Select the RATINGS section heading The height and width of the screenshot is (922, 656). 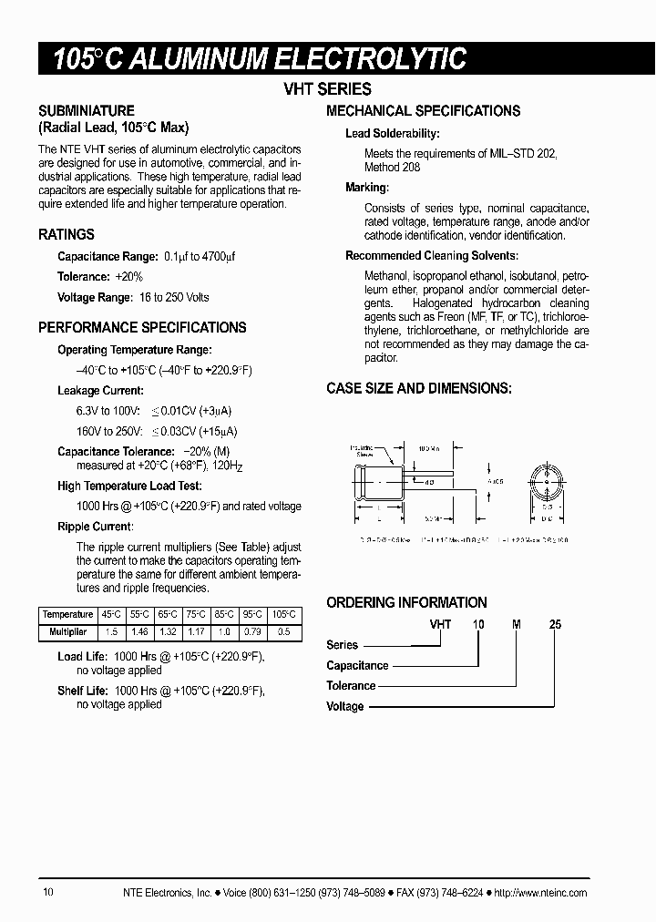click(x=67, y=234)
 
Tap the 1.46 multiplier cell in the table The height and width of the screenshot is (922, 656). click(x=138, y=630)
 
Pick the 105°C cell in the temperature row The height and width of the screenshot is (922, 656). click(x=286, y=614)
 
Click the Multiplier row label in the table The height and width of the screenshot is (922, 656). click(x=67, y=630)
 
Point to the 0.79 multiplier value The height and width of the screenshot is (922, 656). click(x=255, y=630)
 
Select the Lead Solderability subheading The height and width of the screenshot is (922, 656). click(x=392, y=134)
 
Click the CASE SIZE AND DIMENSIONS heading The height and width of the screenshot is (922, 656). click(x=419, y=388)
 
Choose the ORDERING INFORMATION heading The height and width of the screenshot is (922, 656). click(x=406, y=602)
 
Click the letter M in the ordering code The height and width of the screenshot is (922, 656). click(x=517, y=625)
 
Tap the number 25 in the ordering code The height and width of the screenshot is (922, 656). click(x=555, y=625)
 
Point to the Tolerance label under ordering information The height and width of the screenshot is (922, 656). click(x=351, y=686)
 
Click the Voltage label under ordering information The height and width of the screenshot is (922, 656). click(x=345, y=706)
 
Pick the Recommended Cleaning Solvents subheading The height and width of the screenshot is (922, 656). click(x=432, y=256)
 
